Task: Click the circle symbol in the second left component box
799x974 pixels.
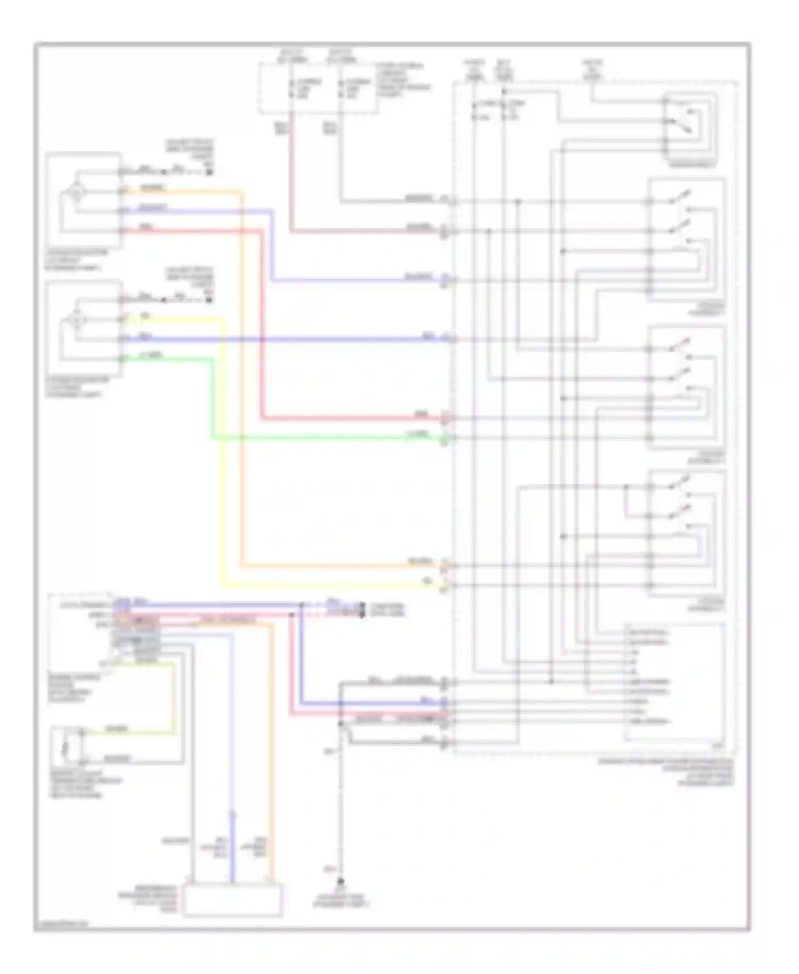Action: coord(76,320)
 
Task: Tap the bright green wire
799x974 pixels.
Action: coord(320,439)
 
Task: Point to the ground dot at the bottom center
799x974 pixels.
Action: coord(341,882)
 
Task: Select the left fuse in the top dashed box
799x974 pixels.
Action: coord(291,88)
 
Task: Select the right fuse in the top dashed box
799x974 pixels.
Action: coord(340,88)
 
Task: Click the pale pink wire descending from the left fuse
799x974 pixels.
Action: coord(291,176)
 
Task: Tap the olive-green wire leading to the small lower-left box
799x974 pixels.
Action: coord(173,698)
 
